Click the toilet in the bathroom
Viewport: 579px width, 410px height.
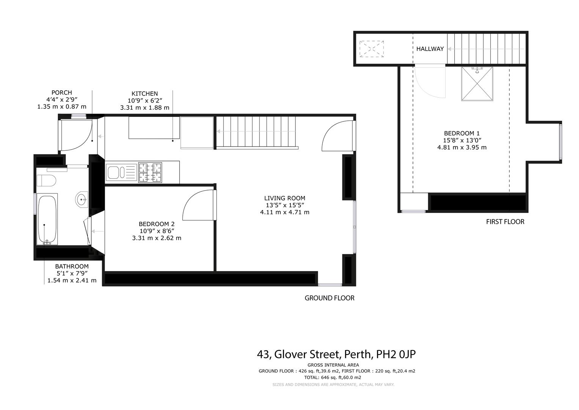pos(46,180)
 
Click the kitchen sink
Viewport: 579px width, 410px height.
pos(121,172)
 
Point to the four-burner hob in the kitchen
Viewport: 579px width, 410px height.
pos(150,172)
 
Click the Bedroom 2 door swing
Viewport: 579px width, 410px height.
pos(198,205)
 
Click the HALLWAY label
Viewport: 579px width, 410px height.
pos(430,49)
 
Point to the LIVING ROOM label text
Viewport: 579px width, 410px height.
pos(284,198)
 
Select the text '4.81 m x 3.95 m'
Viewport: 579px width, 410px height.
pos(461,147)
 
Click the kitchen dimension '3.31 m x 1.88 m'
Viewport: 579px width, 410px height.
pos(144,107)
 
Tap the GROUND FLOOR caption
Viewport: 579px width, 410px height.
pos(329,298)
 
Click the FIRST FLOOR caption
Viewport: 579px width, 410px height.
pos(505,222)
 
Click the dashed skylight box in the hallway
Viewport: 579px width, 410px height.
pos(372,49)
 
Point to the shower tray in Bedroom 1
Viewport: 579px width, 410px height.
pos(477,84)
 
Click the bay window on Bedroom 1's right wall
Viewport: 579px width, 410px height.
pos(560,142)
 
